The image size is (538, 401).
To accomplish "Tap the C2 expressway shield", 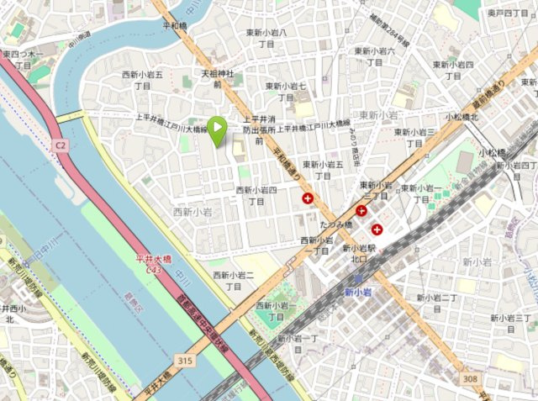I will (60, 145).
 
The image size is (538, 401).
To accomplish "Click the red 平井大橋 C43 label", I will (155, 265).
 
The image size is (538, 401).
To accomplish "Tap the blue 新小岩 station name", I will (358, 293).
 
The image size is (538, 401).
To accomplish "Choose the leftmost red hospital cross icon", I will (309, 199).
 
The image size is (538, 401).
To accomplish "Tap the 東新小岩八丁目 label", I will (266, 38).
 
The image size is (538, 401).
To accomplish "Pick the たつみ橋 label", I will (335, 225).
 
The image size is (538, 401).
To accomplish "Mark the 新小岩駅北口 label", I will (358, 254).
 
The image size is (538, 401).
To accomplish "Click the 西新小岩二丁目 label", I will (234, 281).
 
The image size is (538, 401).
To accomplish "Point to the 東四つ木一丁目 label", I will (23, 60).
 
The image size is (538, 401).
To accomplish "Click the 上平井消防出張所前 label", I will (259, 129).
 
